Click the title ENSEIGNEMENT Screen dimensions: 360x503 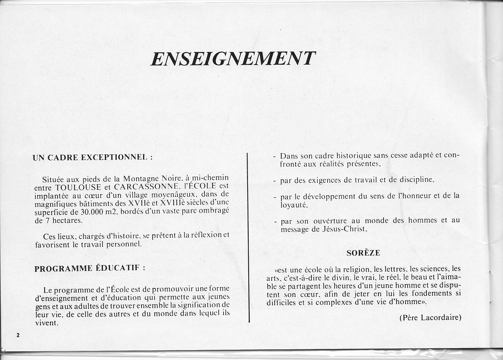(233, 59)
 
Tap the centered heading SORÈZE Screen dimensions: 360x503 (363, 253)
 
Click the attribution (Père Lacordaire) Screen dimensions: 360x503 (430, 317)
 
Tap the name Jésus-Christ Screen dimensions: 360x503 (343, 228)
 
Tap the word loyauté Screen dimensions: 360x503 (294, 205)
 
